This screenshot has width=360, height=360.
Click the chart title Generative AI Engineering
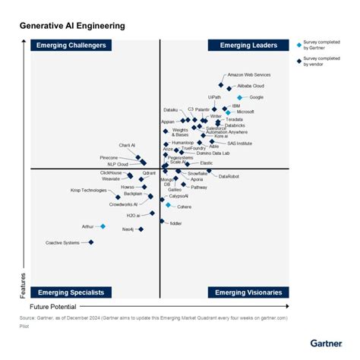tap(72, 26)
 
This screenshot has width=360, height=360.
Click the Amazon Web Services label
tap(249, 75)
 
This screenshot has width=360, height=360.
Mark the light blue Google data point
tap(240, 97)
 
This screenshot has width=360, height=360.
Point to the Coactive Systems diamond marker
tap(91, 242)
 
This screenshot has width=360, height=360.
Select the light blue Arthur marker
tap(103, 226)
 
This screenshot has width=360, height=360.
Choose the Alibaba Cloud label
tap(250, 86)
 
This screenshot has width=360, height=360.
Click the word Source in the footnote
tap(29, 317)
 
